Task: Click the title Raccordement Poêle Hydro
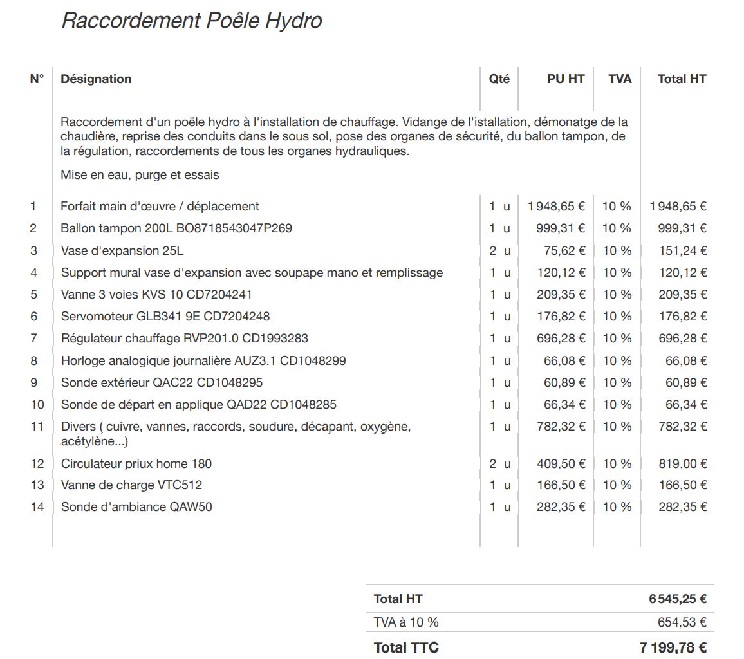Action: click(191, 21)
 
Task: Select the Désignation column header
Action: click(96, 79)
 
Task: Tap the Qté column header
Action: click(499, 79)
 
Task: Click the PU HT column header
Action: click(566, 79)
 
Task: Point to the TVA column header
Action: click(620, 79)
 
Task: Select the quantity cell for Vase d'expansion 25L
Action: click(499, 251)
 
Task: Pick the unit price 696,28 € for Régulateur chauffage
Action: click(561, 339)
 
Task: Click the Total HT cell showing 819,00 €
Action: click(682, 464)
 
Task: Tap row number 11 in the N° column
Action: click(37, 427)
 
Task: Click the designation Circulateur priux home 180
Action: click(136, 464)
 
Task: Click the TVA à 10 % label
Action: click(406, 622)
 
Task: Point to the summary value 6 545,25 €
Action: click(678, 599)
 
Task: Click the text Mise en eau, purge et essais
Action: click(140, 175)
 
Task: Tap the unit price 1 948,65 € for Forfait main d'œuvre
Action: click(556, 207)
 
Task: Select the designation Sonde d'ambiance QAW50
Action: click(136, 507)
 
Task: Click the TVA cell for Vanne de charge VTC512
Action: click(617, 485)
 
